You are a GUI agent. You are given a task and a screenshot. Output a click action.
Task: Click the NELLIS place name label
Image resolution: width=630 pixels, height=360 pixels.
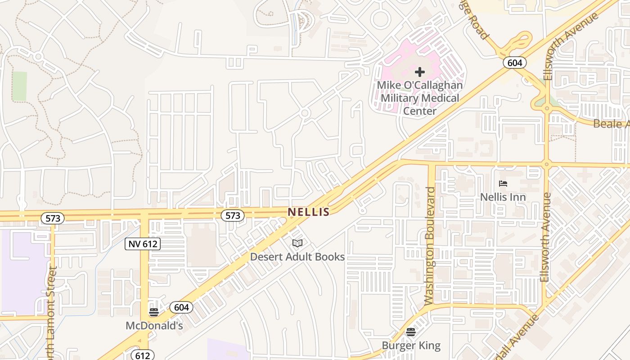309,211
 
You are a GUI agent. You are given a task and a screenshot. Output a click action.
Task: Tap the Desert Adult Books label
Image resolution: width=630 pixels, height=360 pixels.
297,257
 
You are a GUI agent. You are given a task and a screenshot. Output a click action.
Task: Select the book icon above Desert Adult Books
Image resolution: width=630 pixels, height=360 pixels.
297,243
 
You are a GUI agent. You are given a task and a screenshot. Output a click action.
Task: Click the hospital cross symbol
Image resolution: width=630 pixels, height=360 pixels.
420,72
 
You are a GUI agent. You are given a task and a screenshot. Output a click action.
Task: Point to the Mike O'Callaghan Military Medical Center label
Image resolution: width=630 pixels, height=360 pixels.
420,98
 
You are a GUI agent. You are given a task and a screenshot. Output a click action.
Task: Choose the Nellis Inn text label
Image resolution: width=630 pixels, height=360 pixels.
503,197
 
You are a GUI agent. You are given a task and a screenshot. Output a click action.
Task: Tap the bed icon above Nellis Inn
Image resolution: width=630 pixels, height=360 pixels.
503,184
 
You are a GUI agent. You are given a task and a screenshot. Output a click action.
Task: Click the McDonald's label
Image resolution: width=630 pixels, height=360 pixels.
154,325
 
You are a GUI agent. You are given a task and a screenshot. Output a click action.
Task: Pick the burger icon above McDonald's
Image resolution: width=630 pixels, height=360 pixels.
154,312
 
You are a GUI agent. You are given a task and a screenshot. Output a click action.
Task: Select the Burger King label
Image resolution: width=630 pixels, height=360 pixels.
411,346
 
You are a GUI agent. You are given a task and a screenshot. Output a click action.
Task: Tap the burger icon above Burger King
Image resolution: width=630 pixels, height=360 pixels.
410,332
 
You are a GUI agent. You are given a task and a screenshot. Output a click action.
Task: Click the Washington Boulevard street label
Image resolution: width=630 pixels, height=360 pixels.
431,245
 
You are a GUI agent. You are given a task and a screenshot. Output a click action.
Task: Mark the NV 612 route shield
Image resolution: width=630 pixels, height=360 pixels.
143,244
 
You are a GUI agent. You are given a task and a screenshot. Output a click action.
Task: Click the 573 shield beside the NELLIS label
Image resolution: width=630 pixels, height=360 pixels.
233,216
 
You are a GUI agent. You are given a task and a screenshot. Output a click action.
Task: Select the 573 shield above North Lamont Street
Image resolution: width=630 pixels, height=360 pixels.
53,218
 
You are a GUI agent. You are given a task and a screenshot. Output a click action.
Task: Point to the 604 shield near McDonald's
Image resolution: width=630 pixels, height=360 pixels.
181,307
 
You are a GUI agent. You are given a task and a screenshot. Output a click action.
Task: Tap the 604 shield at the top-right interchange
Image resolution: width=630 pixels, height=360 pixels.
515,63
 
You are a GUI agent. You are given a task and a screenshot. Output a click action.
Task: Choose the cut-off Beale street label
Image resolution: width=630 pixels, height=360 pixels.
611,124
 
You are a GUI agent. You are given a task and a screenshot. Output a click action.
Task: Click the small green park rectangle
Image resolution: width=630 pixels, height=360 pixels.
19,86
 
